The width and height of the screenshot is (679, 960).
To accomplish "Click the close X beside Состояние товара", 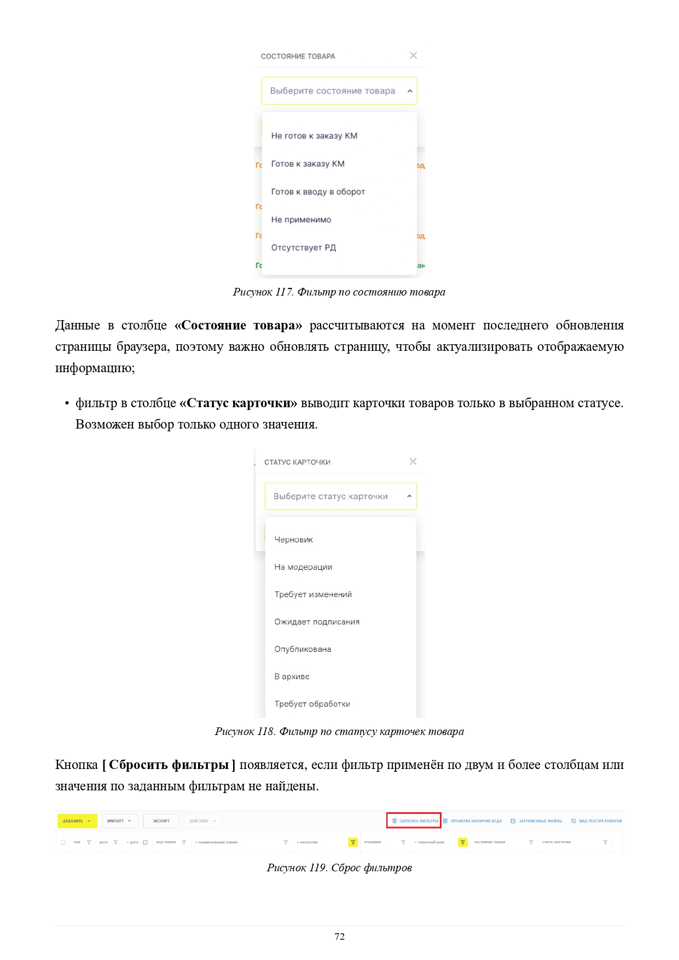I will pyautogui.click(x=413, y=55).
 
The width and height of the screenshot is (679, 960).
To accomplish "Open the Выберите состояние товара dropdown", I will pyautogui.click(x=339, y=91).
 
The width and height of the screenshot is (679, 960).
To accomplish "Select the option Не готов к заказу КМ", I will pyautogui.click(x=314, y=136).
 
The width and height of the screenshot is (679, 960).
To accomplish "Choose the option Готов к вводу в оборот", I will pyautogui.click(x=318, y=192).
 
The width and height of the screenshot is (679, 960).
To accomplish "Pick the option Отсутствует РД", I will pyautogui.click(x=304, y=247).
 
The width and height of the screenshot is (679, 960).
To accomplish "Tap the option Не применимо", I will pyautogui.click(x=301, y=219).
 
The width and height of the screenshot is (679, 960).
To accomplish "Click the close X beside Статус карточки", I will pyautogui.click(x=413, y=461).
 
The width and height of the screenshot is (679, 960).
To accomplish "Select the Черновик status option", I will pyautogui.click(x=294, y=540).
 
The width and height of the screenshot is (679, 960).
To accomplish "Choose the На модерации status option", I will pyautogui.click(x=303, y=567).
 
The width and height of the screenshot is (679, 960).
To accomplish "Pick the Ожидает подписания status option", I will pyautogui.click(x=317, y=622).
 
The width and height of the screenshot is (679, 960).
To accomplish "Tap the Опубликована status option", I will pyautogui.click(x=303, y=649).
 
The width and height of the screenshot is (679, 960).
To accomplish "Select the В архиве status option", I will pyautogui.click(x=292, y=676).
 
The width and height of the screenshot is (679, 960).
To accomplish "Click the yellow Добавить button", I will pyautogui.click(x=77, y=821).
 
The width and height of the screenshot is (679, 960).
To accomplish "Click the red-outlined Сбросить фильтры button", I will pyautogui.click(x=415, y=821).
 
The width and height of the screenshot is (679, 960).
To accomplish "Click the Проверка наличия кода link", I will pyautogui.click(x=473, y=821).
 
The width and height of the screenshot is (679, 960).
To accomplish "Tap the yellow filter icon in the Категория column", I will pyautogui.click(x=353, y=842).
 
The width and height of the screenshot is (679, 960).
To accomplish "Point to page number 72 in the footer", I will pyautogui.click(x=339, y=936).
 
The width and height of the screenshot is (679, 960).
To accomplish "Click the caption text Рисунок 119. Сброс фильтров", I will pyautogui.click(x=339, y=868).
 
